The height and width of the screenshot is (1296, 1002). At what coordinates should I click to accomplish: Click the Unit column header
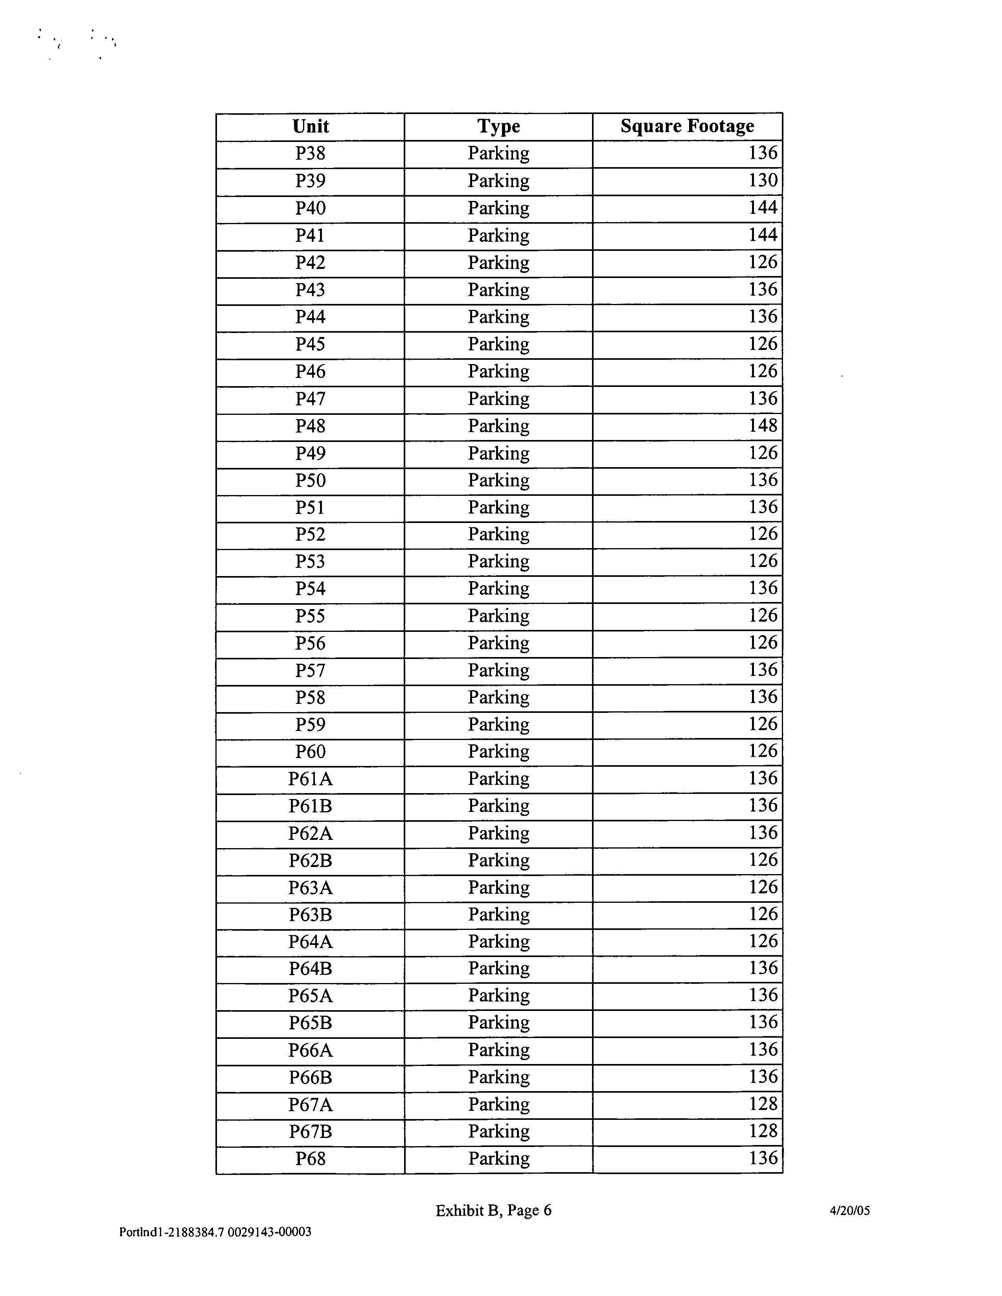click(310, 126)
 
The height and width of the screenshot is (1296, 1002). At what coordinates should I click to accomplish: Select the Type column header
click(498, 126)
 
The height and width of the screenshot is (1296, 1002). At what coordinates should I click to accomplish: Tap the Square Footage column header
click(687, 126)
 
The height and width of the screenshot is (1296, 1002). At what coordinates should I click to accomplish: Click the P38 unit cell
click(310, 154)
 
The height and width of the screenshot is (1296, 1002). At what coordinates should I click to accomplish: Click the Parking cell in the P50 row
click(498, 480)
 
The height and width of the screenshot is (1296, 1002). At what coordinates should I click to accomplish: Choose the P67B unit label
click(310, 1132)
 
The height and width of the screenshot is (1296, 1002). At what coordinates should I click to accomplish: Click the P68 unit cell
click(310, 1159)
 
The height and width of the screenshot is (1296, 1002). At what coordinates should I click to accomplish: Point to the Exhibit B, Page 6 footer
click(494, 1211)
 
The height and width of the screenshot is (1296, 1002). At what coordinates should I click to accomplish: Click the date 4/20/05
click(849, 1211)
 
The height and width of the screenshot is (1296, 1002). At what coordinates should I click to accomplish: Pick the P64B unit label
click(310, 969)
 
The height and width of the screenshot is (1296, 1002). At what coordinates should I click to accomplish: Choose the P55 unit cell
click(310, 617)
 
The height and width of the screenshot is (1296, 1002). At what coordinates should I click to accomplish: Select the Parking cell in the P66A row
click(498, 1050)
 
